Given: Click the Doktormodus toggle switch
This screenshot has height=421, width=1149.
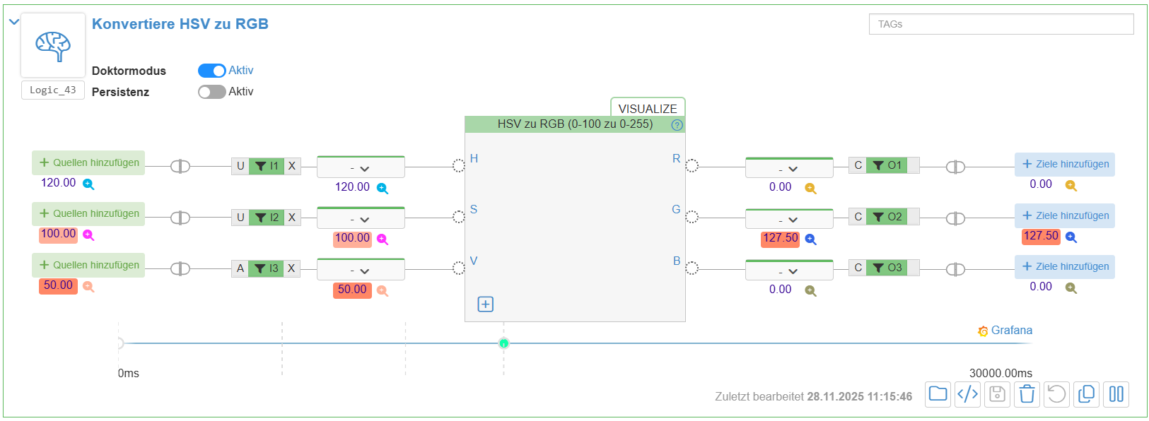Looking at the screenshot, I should click(x=211, y=71).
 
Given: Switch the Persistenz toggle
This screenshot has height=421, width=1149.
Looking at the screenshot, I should click(x=211, y=92).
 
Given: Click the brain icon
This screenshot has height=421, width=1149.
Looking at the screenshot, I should click(x=53, y=45).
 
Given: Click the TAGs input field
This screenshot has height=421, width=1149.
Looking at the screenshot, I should click(x=1001, y=24).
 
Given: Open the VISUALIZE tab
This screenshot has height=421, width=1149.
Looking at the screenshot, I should click(x=647, y=108).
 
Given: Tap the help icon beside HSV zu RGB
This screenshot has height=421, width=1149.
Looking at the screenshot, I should click(x=677, y=125).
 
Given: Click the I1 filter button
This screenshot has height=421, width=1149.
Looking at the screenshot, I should click(x=267, y=166).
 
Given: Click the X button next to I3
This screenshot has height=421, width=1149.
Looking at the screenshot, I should click(x=291, y=268).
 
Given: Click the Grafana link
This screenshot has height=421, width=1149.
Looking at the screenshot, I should click(x=1005, y=331).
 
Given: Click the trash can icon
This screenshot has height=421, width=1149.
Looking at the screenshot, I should click(x=1027, y=394).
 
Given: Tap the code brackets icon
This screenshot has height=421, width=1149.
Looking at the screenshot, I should click(x=967, y=394).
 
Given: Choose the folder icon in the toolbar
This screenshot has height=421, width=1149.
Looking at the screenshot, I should click(x=938, y=394).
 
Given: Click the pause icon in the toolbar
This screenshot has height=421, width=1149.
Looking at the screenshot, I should click(x=1116, y=394).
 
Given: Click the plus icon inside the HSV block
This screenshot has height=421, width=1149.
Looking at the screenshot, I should click(x=486, y=304).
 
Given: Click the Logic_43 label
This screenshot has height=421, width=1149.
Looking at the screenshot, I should click(x=53, y=90).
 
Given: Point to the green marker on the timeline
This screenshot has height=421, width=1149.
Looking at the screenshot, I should click(x=503, y=343).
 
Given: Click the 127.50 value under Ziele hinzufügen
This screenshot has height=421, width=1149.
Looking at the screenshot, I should click(x=1041, y=236).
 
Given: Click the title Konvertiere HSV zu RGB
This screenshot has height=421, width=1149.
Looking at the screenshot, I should click(x=180, y=24).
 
